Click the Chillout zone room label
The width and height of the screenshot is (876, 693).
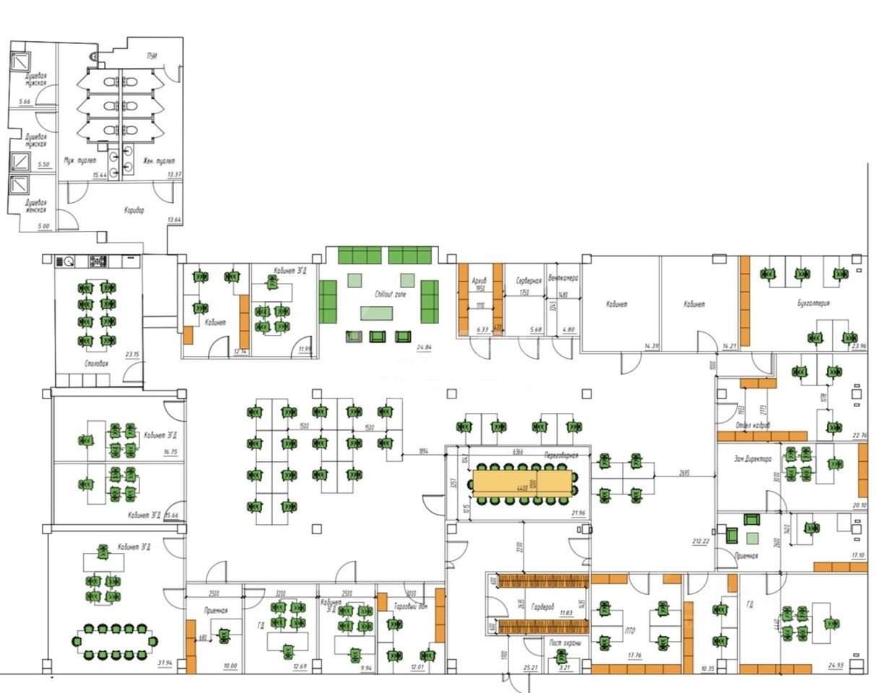coord(391,295)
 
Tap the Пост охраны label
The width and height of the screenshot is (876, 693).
coord(565,643)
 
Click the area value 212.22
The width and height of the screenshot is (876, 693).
coord(700,541)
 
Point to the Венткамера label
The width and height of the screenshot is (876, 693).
coord(563,276)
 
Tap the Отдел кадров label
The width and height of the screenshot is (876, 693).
coord(753,425)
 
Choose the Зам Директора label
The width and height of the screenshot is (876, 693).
coord(753,459)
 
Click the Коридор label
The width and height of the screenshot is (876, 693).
coord(134,211)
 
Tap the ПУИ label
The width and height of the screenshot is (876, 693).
coord(152,56)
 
